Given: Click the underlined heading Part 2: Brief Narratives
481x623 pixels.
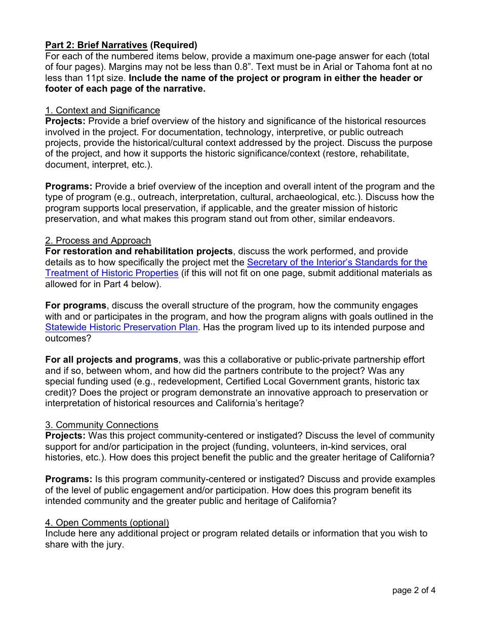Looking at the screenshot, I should (x=96, y=45).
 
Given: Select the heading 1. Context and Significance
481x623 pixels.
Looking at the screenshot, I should (x=102, y=110).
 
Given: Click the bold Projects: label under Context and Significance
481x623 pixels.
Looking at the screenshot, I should (x=65, y=121).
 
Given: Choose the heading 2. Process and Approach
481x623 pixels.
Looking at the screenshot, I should (x=98, y=241).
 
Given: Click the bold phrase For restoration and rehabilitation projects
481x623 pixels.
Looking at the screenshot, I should (x=139, y=251).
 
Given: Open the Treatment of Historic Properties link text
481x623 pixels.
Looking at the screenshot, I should (x=111, y=273).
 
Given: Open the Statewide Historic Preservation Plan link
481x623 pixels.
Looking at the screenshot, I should (x=122, y=327).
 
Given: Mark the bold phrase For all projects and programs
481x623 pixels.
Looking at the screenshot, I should (x=111, y=360).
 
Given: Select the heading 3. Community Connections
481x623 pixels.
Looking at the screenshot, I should (x=102, y=425).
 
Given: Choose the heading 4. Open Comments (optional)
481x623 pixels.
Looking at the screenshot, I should (x=107, y=523).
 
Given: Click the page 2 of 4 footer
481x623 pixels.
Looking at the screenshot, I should (x=414, y=590).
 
